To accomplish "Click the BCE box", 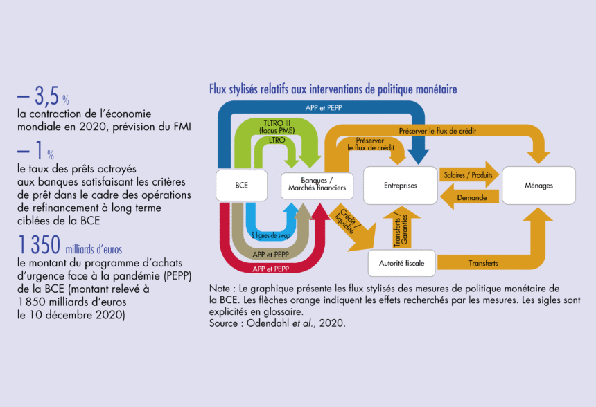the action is [241, 186].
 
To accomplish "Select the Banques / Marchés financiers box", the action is [317, 186].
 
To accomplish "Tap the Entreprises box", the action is [401, 186].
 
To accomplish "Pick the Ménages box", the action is [538, 186].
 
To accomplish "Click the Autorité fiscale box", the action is [401, 263].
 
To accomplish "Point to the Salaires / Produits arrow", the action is [469, 174].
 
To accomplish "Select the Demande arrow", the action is [469, 197].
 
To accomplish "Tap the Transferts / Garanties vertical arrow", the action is [401, 228].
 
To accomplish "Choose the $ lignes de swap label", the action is [271, 235].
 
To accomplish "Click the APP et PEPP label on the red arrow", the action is [271, 269].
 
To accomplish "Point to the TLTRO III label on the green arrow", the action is [277, 123].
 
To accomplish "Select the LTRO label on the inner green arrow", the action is [277, 140].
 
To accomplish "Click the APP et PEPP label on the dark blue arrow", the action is [324, 108].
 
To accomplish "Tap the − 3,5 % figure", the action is [43, 96].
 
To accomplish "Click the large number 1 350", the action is [39, 245].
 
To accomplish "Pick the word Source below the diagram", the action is [223, 323].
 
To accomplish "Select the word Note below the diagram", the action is [219, 289].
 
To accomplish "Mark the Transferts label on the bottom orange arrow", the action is [483, 263].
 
